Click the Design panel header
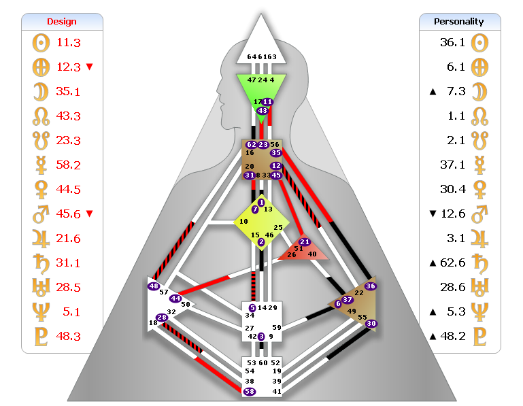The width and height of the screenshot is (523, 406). [62, 22]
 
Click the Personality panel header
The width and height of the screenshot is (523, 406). [459, 22]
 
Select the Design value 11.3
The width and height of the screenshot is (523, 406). [69, 42]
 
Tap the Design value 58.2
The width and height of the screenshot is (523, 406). [69, 165]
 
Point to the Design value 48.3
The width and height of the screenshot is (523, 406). [69, 336]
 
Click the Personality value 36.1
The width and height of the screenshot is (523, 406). [452, 42]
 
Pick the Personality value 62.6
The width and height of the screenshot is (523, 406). [452, 263]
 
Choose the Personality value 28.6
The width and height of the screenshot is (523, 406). [452, 287]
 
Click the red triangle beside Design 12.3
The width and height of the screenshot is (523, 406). [89, 67]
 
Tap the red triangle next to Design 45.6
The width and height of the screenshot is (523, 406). [89, 214]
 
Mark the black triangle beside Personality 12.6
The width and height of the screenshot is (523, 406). [432, 214]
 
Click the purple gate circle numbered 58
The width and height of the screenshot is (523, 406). [250, 392]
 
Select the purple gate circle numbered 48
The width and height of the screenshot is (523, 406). [154, 286]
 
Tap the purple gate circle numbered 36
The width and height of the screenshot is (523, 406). [370, 286]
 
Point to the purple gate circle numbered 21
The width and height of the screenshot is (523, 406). [305, 242]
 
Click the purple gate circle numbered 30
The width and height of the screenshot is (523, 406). [371, 324]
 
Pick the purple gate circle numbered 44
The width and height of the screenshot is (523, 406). [175, 298]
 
